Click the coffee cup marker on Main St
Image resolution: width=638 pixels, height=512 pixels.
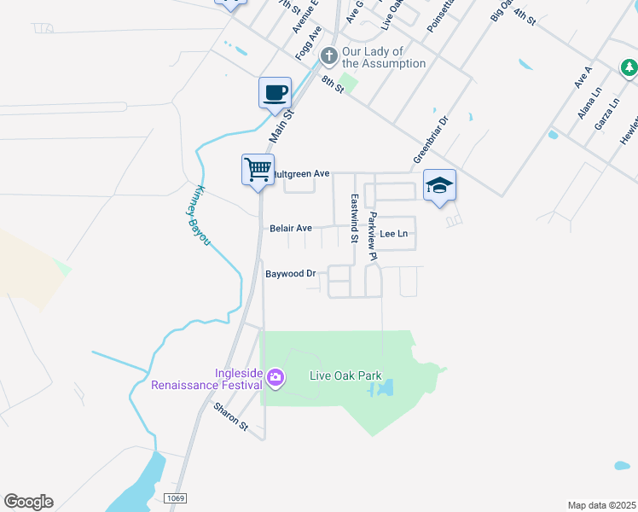coord(275,92)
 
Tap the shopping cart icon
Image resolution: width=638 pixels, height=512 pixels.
coord(257,169)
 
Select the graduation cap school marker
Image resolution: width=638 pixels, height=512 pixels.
coord(439,185)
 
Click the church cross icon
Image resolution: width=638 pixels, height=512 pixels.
coord(329,56)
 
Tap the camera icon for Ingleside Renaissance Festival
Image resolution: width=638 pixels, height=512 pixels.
coord(275,376)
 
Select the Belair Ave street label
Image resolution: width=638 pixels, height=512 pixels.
coord(291,229)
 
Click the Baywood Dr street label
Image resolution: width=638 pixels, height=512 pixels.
coord(291,274)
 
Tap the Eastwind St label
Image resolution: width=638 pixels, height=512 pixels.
coord(354,217)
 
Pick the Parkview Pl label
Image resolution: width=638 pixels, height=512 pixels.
coord(372,230)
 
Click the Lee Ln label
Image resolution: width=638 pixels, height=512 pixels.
coord(394,233)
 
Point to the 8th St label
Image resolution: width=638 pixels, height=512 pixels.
coord(332,83)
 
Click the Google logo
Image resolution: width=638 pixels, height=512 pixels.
coord(28,502)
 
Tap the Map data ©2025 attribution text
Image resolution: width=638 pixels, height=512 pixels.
coord(601,505)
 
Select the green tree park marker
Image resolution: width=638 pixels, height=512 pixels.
coord(629,67)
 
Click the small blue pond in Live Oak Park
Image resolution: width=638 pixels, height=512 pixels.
coord(382,389)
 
